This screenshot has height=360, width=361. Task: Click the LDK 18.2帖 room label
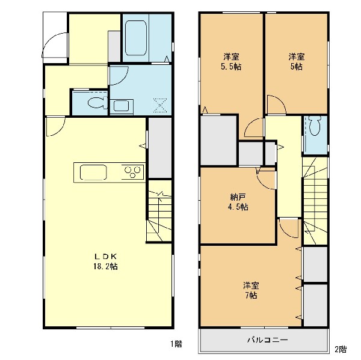106,261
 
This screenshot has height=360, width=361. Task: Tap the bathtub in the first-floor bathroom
136,38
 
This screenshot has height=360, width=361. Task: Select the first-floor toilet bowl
97,103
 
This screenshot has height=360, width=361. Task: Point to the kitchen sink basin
93,172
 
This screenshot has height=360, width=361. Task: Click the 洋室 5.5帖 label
231,61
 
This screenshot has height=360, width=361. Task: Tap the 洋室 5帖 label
297,61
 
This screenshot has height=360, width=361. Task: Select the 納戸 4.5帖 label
238,202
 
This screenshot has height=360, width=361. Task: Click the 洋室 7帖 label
251,290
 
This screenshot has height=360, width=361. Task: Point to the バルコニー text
268,340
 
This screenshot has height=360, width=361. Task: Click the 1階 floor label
176,344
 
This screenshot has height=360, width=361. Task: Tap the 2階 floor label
341,349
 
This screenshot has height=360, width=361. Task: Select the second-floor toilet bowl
315,126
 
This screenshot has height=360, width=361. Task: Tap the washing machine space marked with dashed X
160,105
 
